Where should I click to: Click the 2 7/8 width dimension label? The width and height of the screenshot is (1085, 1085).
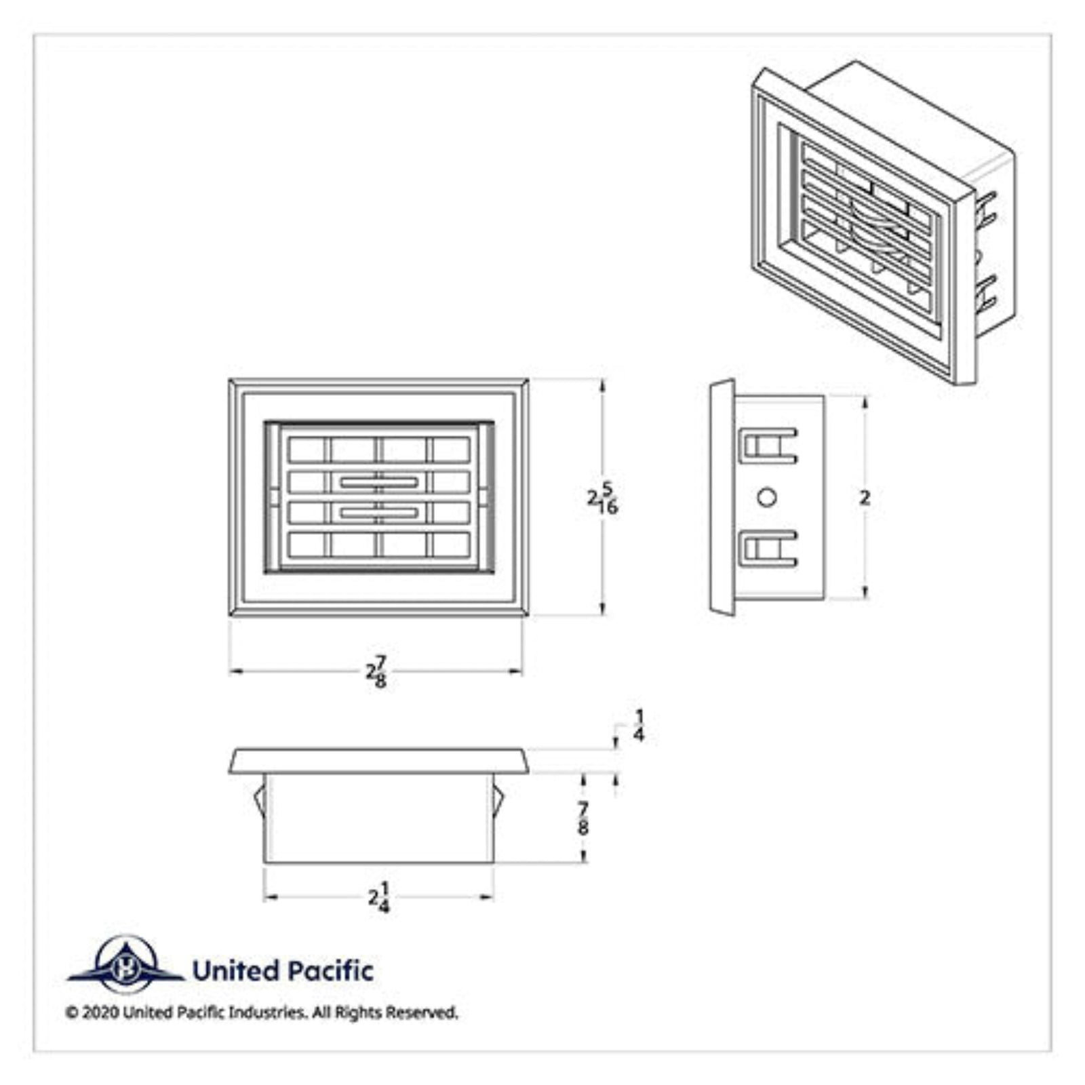[377, 671]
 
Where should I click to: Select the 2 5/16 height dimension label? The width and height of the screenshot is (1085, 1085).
[603, 498]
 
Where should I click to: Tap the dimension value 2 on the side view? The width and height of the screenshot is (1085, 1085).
[865, 498]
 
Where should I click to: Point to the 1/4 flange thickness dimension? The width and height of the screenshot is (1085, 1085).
[639, 726]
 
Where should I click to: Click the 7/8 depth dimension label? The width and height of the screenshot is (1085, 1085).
[583, 818]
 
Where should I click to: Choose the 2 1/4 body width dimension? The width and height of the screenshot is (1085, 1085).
[380, 897]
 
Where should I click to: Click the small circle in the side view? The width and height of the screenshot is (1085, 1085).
[767, 498]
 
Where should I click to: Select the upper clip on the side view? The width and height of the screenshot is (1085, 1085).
[768, 446]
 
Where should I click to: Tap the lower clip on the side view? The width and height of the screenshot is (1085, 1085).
[768, 549]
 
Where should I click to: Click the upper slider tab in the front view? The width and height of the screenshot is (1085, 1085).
[378, 482]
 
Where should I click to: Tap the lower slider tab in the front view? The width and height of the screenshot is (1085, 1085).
[378, 513]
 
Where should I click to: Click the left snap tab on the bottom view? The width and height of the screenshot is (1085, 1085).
[258, 800]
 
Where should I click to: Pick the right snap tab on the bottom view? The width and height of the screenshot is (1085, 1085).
[498, 800]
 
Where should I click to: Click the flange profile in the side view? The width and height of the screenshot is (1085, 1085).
[722, 498]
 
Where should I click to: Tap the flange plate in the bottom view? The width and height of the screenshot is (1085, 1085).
[378, 761]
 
